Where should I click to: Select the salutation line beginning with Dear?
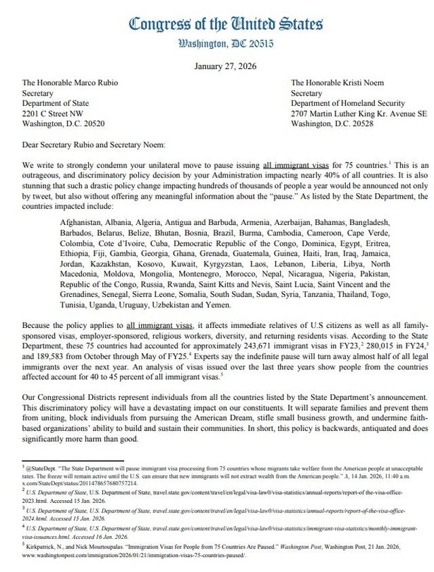(x=92, y=144)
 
